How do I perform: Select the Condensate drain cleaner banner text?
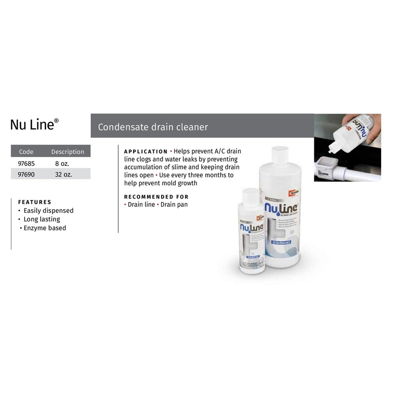[x=153, y=127]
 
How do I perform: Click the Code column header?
[x=26, y=152]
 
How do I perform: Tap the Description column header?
[x=68, y=152]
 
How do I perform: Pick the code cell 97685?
[x=27, y=163]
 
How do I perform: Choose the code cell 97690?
[x=27, y=174]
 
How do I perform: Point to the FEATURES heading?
[x=34, y=202]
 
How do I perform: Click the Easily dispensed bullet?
[x=48, y=211]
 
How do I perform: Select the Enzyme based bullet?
[x=45, y=228]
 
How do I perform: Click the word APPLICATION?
[x=145, y=152]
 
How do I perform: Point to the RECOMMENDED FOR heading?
[x=156, y=196]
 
